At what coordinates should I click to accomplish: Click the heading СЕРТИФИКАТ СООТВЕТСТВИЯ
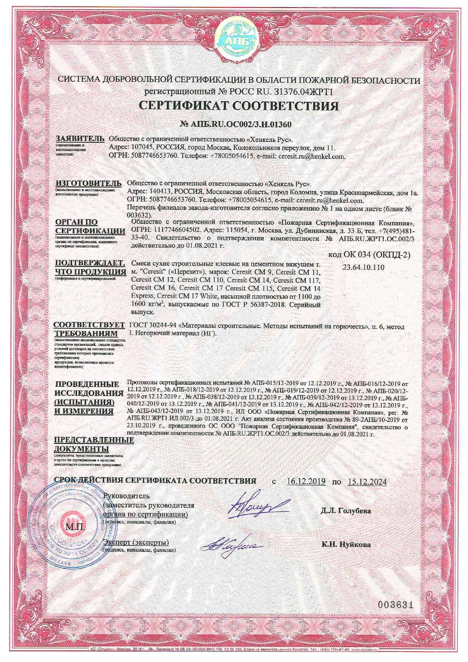[x=239, y=106]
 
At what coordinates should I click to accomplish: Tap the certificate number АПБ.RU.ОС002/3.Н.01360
[x=236, y=125]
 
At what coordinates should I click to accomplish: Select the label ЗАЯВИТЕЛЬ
[x=80, y=139]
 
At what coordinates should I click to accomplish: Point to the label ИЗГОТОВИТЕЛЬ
[x=89, y=183]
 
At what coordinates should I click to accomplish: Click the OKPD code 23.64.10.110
[x=363, y=267]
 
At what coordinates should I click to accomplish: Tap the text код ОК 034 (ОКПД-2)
[x=369, y=255]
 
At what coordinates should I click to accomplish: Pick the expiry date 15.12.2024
[x=367, y=481]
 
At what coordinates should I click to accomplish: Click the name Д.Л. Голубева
[x=346, y=511]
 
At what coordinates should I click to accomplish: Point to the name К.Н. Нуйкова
[x=346, y=544]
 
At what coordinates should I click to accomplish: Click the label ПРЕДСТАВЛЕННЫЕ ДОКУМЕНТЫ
[x=94, y=444]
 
